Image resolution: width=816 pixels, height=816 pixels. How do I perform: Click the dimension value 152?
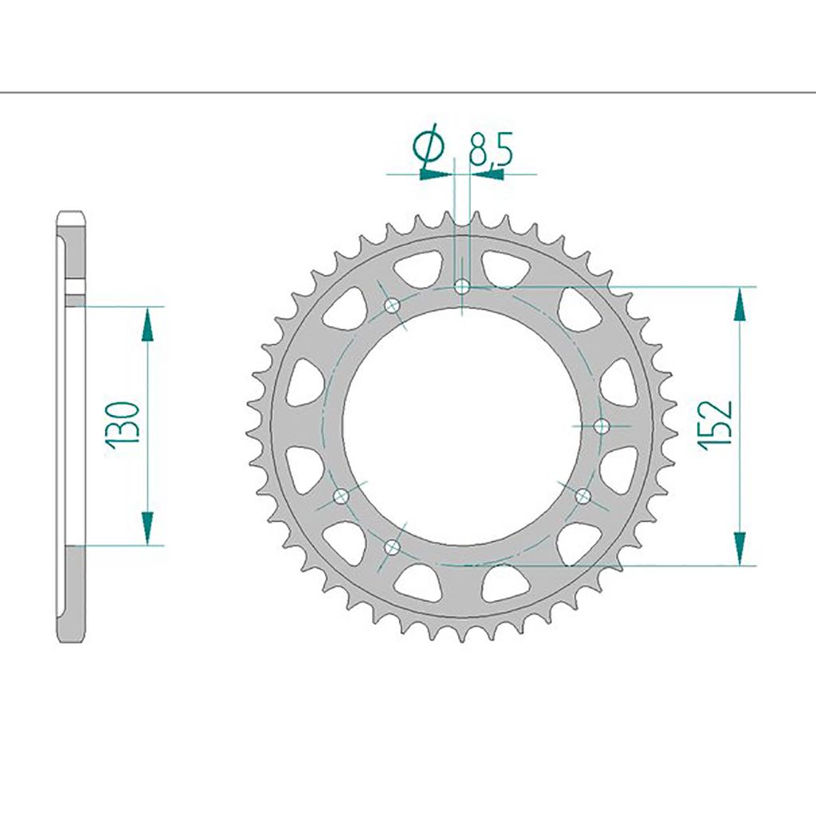click(715, 423)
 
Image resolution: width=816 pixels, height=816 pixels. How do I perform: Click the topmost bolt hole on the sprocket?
click(462, 286)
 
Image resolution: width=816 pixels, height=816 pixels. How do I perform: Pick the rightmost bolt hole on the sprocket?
click(602, 427)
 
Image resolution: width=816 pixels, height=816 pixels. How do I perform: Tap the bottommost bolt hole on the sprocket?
click(392, 547)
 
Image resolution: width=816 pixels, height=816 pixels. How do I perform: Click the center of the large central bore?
click(462, 426)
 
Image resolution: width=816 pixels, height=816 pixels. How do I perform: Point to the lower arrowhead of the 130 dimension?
click(147, 528)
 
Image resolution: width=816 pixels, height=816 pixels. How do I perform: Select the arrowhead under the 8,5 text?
click(488, 173)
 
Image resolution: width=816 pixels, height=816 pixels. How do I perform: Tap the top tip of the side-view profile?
click(71, 213)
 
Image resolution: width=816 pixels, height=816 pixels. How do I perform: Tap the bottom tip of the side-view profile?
click(71, 640)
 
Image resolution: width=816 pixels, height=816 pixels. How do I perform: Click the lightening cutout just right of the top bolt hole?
click(502, 268)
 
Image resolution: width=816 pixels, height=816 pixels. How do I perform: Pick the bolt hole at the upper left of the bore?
click(392, 306)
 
